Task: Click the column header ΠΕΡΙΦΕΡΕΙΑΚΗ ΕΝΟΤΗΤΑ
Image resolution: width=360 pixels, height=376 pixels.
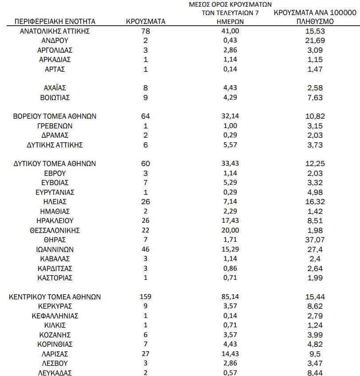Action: (x=55, y=22)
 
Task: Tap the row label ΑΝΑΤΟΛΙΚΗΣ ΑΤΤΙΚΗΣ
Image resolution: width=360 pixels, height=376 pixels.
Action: (x=55, y=31)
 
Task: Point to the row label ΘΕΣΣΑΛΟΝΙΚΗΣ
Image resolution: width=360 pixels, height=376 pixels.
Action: (x=55, y=230)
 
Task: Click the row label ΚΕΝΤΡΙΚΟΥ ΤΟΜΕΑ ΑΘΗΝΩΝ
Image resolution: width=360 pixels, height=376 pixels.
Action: (x=55, y=297)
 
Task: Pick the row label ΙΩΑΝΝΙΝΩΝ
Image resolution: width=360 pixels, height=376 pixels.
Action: (x=55, y=249)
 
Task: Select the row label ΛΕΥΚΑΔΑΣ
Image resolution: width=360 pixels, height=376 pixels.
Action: (x=55, y=372)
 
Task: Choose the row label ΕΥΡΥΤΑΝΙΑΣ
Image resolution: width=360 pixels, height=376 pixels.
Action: (x=55, y=192)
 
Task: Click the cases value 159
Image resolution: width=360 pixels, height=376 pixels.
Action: (x=145, y=297)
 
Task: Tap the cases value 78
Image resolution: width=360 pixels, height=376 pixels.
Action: (x=145, y=31)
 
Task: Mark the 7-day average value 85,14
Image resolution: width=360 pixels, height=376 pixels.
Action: (x=230, y=297)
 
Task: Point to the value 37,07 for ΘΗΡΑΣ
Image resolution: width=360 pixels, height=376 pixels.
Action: (x=315, y=240)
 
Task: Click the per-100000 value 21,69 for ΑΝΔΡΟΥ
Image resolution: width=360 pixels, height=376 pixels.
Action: (x=315, y=41)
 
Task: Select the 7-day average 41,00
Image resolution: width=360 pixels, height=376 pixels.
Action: (x=230, y=31)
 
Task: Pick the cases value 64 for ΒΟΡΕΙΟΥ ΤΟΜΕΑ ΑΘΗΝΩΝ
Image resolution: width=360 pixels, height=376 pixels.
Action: (x=145, y=116)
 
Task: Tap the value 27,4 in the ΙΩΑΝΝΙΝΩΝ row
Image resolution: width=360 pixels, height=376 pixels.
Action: (x=315, y=249)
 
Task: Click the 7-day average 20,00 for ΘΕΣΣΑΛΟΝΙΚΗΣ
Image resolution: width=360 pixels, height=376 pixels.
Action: (x=230, y=230)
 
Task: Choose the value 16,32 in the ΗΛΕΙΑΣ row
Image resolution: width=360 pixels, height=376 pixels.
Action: (x=315, y=202)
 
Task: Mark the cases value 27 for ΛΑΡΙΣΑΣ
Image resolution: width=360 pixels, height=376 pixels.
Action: (x=145, y=353)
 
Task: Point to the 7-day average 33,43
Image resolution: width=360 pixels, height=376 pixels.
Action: (x=230, y=164)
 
